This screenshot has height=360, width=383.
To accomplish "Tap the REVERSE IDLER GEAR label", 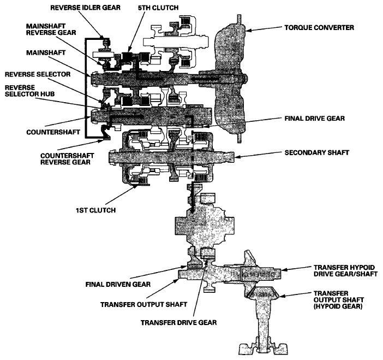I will [x=80, y=8].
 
